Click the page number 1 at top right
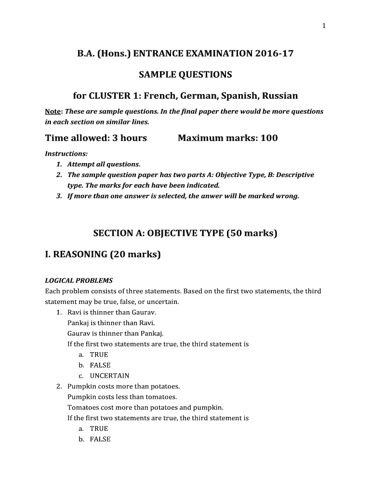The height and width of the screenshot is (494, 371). (x=324, y=26)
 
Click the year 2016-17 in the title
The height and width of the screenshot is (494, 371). (x=274, y=54)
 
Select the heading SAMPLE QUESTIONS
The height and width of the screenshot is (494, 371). (x=185, y=75)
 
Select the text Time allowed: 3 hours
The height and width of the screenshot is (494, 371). (x=96, y=138)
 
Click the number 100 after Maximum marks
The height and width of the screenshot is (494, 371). (x=269, y=138)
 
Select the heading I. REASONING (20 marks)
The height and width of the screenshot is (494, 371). (x=103, y=254)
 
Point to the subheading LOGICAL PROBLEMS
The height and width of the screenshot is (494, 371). (x=79, y=280)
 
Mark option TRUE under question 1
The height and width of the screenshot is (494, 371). (x=99, y=355)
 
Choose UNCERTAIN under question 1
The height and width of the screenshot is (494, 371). (x=109, y=376)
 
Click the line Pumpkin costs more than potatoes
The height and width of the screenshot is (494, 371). (x=123, y=386)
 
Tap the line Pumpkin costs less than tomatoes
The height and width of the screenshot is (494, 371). (x=122, y=397)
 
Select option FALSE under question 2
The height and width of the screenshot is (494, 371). (x=100, y=439)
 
